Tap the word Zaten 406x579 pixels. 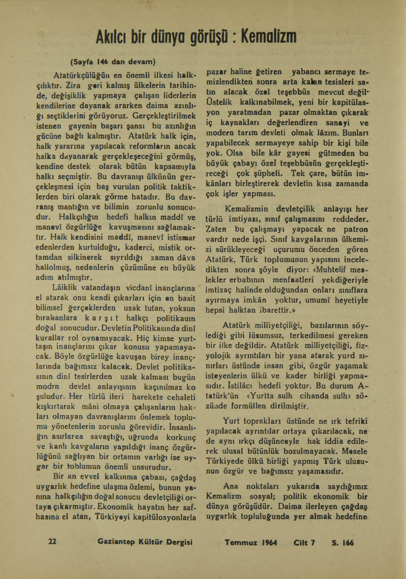(216, 230)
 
